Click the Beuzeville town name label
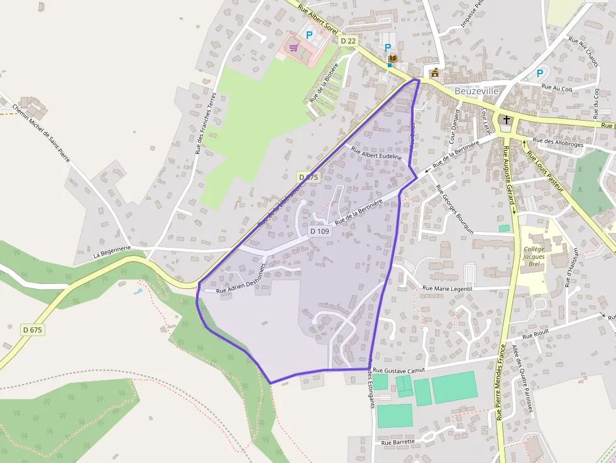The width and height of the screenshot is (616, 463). click(476, 91)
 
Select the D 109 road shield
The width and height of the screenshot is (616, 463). click(319, 231)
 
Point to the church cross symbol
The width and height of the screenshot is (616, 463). click(507, 119)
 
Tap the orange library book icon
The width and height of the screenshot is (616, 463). click(392, 59)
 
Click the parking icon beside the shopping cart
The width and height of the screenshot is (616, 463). click(309, 35)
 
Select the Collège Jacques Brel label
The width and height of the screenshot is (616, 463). click(534, 256)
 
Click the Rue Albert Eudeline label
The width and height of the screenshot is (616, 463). click(376, 154)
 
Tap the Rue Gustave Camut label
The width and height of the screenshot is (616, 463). click(399, 371)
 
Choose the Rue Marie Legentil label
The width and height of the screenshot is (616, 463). click(447, 288)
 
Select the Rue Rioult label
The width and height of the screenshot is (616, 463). click(536, 335)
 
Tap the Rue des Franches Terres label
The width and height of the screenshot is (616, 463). click(206, 123)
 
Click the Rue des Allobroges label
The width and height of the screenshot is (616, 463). click(558, 144)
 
